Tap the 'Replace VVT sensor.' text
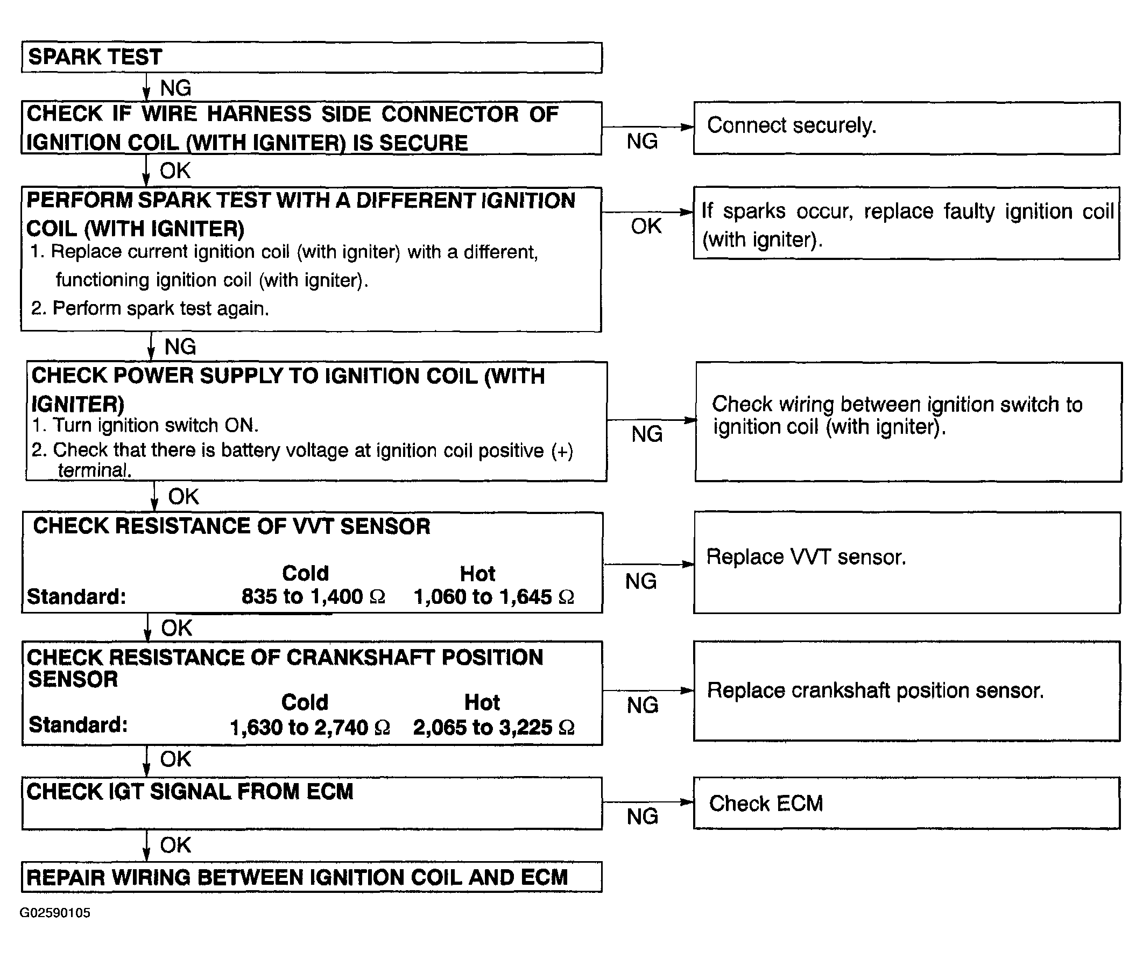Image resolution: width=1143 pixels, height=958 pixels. (806, 557)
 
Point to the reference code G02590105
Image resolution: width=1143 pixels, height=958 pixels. (55, 913)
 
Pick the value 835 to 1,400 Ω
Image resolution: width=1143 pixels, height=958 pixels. (314, 596)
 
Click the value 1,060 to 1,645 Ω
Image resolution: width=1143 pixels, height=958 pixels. (494, 596)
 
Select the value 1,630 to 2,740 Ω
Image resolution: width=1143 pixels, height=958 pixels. (310, 727)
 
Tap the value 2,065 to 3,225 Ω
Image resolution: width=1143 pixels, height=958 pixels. (494, 727)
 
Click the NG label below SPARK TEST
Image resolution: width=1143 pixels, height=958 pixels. (176, 88)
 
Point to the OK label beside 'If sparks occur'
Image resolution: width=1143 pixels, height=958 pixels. (646, 226)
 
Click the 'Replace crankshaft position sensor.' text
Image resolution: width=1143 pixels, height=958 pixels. (876, 690)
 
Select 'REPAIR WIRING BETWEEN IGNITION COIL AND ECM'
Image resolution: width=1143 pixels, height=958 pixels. (297, 877)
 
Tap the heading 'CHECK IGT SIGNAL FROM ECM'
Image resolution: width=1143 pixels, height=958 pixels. (190, 792)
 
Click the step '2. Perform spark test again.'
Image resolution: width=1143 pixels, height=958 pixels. (150, 308)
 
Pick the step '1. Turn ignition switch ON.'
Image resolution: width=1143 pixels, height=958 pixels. (145, 425)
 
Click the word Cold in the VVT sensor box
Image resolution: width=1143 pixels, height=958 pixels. (305, 573)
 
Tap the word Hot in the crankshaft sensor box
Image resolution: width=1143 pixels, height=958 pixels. (482, 702)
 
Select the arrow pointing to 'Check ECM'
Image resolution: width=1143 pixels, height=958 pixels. (648, 802)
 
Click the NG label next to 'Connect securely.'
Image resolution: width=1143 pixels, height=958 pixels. (642, 141)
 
